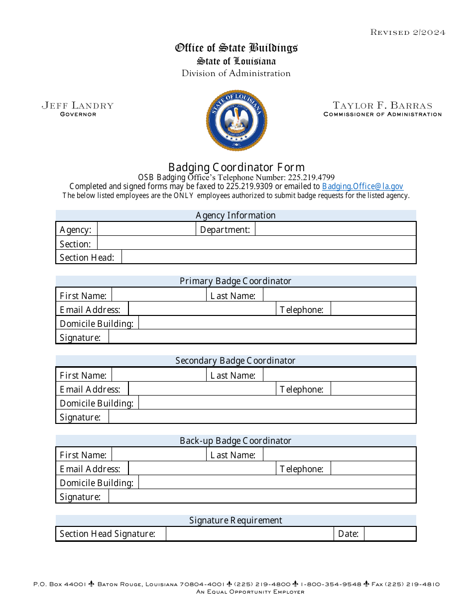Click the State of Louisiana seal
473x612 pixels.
click(236, 120)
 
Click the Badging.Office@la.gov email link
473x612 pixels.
click(362, 187)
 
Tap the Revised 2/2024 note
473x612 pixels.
click(407, 32)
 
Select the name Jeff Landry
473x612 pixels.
click(78, 105)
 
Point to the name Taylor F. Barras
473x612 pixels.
click(382, 105)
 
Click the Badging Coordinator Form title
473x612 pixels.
click(236, 167)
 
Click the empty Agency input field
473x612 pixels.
click(146, 229)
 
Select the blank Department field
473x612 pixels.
click(335, 229)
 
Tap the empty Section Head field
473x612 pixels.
click(268, 257)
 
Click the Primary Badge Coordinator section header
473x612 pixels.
click(236, 281)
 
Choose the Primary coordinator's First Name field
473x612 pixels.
click(159, 296)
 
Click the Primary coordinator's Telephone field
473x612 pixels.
click(373, 309)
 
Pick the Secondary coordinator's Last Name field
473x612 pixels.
click(339, 375)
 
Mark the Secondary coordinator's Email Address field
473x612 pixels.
click(202, 389)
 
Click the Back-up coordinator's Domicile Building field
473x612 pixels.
click(277, 483)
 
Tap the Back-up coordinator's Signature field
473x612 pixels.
click(262, 497)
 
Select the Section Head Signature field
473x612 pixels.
click(249, 534)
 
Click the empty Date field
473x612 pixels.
click(389, 534)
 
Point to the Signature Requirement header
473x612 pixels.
click(236, 520)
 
